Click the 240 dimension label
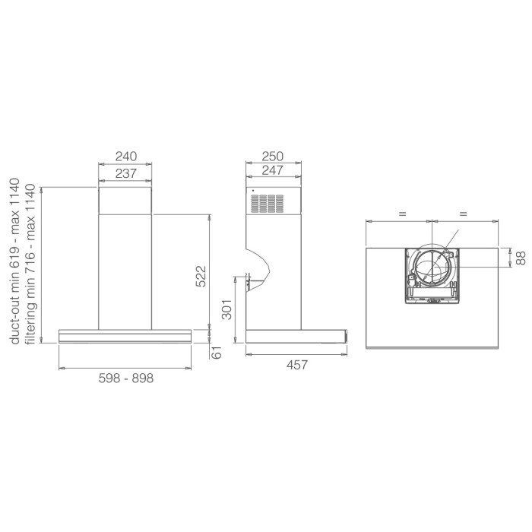click(126, 157)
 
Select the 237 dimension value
click(126, 173)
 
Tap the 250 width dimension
click(273, 157)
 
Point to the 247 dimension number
click(273, 170)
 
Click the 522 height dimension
click(201, 276)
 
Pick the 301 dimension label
click(226, 309)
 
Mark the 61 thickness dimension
click(216, 352)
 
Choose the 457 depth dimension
click(297, 365)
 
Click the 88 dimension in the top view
click(521, 258)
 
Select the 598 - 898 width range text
click(126, 378)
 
